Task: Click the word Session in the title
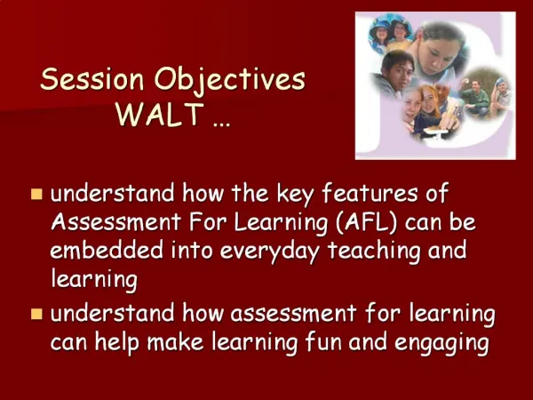[x=92, y=79]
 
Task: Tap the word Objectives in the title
[x=230, y=81]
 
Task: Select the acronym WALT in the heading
[x=160, y=114]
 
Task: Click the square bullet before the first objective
[x=36, y=194]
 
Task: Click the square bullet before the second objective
[x=36, y=314]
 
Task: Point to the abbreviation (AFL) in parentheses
[x=366, y=222]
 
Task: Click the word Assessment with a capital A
[x=115, y=221]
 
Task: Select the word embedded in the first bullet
[x=107, y=250]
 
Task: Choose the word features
[x=370, y=193]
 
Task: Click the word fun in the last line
[x=323, y=341]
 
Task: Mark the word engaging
[x=442, y=343]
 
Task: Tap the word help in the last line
[x=117, y=342]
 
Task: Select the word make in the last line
[x=175, y=341]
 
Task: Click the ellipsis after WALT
[x=221, y=125]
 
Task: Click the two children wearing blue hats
[x=390, y=34]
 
